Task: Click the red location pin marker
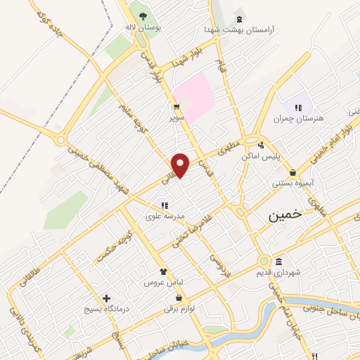click(181, 165)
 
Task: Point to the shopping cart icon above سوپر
click(179, 108)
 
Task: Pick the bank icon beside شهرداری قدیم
click(271, 262)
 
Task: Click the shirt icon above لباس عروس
click(163, 271)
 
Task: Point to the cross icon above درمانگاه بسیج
click(106, 298)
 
